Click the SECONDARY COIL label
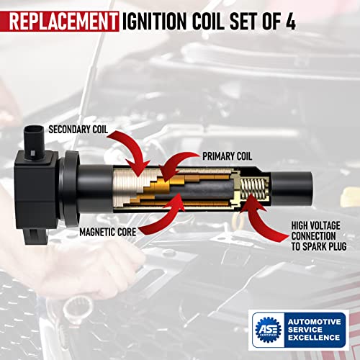83,130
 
